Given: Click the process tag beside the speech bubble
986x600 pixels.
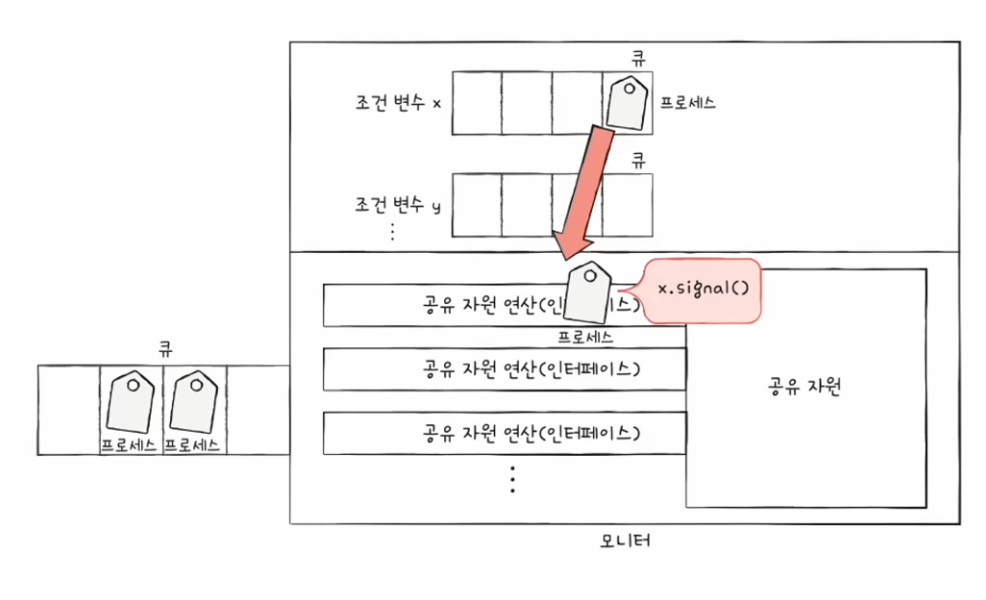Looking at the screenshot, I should coord(589,294).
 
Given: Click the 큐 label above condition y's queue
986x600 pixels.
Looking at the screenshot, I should coord(636,161).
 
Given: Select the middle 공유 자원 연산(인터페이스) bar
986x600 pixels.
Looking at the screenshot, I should coord(505,367).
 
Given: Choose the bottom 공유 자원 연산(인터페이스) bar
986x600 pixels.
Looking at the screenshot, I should coord(505,433).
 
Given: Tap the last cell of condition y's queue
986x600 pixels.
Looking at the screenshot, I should coord(628,204).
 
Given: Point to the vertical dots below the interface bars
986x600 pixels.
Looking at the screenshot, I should coord(512,478).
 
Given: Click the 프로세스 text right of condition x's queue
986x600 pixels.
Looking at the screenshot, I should coord(688,102).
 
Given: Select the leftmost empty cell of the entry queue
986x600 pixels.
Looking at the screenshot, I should coord(69,410).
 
